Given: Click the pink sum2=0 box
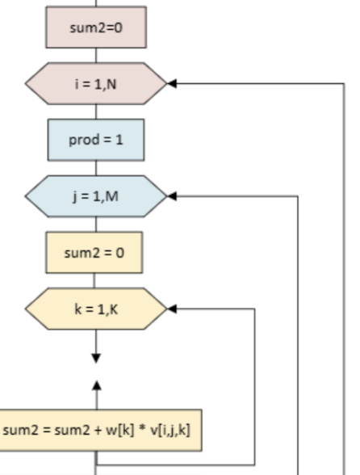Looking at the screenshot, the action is point(96,27).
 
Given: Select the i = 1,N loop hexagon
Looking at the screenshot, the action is point(96,84).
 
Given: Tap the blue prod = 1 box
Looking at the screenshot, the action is point(96,140).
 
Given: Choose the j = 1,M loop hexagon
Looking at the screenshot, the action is point(96,196).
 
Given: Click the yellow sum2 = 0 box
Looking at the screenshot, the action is point(94,253).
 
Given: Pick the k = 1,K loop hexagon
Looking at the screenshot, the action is point(96,309).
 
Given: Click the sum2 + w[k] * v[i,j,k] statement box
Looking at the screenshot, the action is point(100,431).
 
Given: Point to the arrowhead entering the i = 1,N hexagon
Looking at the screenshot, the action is point(172,83).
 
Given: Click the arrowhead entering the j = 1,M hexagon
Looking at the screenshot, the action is point(172,196).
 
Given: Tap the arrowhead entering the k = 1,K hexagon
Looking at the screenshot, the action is point(172,309).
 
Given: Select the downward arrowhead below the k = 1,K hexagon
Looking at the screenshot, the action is point(96,359).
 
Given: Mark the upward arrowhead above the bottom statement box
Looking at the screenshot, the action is point(97,385).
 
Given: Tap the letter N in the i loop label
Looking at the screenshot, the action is point(111,84).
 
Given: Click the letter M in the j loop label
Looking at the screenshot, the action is point(111,196).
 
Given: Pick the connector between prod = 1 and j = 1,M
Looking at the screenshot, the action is point(96,168).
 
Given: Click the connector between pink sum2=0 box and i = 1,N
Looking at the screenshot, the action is point(96,56).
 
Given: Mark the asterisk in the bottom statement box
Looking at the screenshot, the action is point(142,428).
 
